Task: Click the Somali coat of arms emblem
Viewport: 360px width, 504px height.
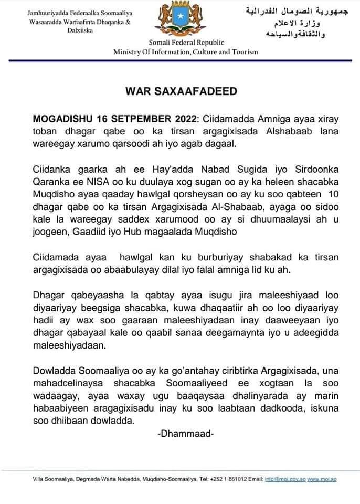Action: [179, 20]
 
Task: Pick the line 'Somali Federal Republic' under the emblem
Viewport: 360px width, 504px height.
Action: [179, 43]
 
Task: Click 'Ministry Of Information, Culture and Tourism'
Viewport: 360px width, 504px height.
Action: [186, 51]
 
